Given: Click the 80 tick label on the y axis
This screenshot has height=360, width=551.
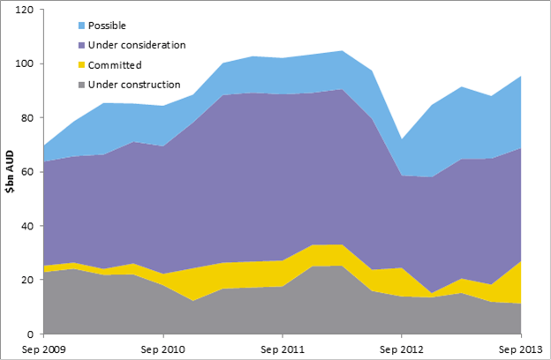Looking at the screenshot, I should point(27,118).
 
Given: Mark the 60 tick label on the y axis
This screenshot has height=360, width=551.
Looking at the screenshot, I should point(27,172).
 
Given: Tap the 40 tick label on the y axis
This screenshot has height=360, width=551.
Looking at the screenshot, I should point(27,226).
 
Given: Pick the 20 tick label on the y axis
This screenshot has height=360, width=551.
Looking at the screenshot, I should point(27,280).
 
